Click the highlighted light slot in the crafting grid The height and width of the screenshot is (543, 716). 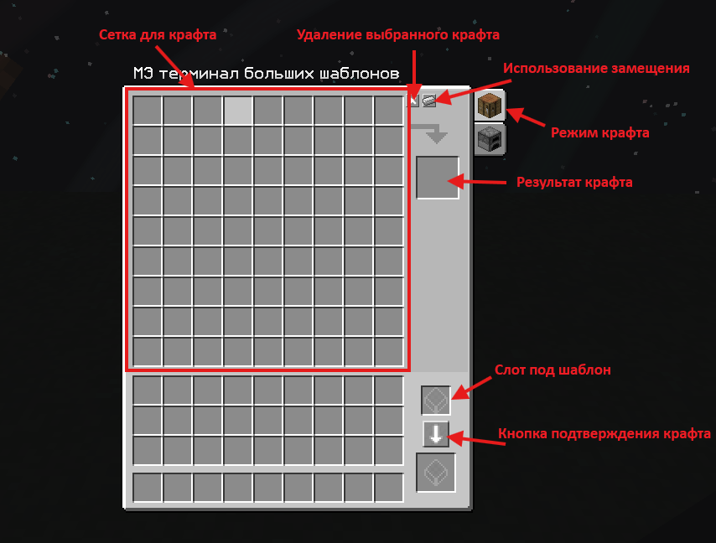point(238,110)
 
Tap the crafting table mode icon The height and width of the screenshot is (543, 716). point(490,105)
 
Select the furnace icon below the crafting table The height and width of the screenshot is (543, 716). point(490,139)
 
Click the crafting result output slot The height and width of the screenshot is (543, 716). point(437,178)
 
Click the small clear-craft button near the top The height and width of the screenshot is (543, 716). point(412,100)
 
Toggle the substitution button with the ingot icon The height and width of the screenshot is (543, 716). point(429,100)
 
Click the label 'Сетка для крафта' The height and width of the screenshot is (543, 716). point(158,35)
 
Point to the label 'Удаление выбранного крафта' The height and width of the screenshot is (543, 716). point(398,35)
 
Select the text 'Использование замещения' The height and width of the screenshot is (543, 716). point(596,69)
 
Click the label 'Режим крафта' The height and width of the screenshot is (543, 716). point(600,132)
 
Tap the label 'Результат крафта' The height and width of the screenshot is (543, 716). point(574,183)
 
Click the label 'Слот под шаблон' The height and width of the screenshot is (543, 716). point(553,370)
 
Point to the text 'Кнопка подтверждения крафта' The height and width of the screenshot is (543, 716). point(604,433)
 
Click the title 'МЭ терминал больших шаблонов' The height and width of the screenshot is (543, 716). point(267,74)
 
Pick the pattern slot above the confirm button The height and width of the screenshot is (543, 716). point(436,401)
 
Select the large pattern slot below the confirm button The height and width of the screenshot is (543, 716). point(436,473)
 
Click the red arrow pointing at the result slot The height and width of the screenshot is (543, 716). point(477,182)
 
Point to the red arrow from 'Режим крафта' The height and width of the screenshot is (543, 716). point(525,116)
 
